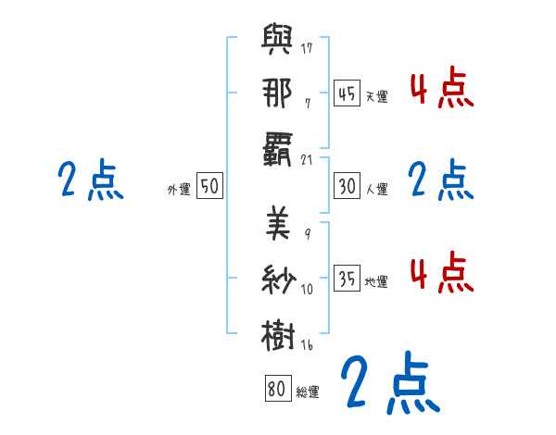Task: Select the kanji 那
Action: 276,93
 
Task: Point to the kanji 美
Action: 276,224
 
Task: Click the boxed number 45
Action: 347,93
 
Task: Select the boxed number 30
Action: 347,186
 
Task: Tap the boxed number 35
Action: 347,279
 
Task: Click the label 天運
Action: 376,96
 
